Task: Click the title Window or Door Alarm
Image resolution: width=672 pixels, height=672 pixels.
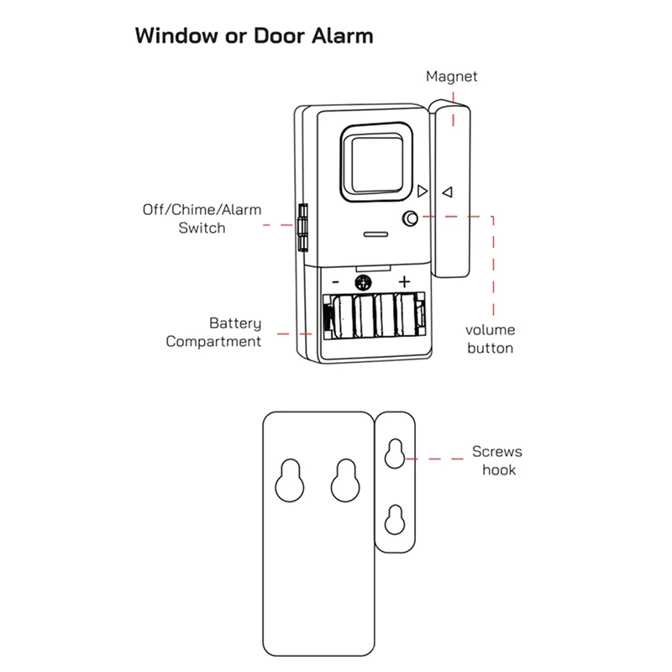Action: coord(254,37)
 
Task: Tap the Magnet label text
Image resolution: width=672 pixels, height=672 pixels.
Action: coord(451,76)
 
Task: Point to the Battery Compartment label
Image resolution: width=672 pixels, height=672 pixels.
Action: coord(213,332)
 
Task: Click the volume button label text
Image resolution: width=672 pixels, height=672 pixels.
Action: coord(490,339)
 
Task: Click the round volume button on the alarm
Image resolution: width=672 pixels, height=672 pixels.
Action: coord(410,218)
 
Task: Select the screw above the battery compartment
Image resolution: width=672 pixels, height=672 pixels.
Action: coord(364,281)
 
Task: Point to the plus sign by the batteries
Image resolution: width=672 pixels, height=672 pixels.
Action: coord(404,281)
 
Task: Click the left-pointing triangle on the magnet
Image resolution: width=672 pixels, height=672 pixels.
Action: coord(448,192)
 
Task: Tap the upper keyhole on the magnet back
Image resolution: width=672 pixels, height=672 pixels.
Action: coord(392,454)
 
